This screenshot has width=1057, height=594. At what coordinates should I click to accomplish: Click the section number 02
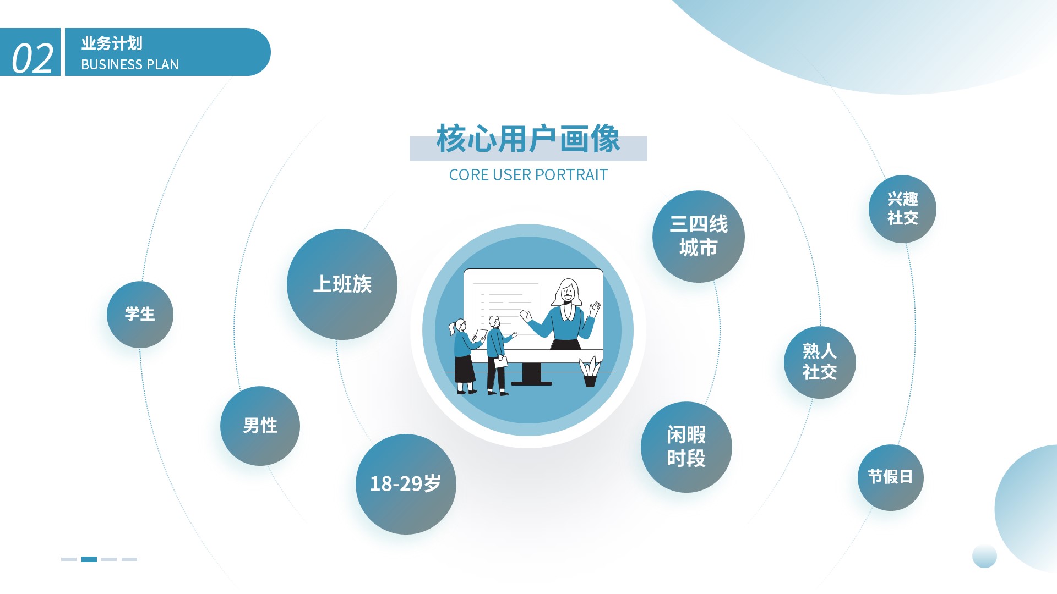32,58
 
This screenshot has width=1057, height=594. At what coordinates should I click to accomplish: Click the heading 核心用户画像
528,139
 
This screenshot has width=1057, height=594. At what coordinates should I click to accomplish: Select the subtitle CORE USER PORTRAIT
528,175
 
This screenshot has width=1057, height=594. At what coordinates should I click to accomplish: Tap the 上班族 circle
342,284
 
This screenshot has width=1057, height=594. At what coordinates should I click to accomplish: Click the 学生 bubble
140,315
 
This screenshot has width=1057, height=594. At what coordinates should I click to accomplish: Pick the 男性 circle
260,426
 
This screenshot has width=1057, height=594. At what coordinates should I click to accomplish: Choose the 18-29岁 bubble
406,484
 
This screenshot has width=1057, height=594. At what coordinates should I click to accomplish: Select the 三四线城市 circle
699,237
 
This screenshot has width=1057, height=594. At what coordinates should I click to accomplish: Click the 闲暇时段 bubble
686,447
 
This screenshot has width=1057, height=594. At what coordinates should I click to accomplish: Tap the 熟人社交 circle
820,362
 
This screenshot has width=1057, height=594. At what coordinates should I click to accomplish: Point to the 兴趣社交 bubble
902,209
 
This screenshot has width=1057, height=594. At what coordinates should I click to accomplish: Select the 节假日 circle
890,477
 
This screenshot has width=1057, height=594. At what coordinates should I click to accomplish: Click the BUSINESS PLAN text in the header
130,65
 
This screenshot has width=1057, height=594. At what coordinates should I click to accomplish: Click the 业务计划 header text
112,43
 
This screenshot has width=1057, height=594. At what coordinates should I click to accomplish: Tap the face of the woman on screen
567,294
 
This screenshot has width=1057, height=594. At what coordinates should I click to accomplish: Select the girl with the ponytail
464,356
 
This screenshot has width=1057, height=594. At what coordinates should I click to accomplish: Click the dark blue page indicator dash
89,559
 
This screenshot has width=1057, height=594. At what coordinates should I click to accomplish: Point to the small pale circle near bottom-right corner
984,555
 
